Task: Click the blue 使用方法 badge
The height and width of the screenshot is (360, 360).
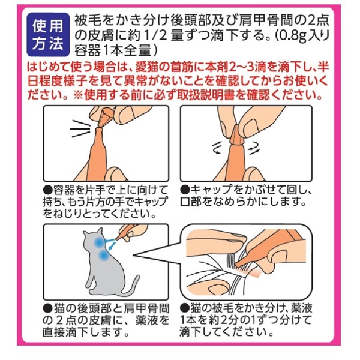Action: [48, 34]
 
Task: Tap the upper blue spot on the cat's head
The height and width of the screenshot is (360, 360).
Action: [98, 242]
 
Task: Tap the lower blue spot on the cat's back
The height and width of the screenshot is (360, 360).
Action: [103, 256]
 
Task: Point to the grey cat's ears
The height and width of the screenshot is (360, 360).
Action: [92, 232]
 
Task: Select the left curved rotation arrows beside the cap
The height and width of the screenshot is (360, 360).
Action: [217, 148]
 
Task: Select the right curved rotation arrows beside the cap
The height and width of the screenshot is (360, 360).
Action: [254, 149]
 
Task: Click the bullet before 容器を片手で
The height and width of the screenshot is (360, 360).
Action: [48, 190]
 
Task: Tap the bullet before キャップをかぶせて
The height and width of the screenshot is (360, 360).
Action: [185, 190]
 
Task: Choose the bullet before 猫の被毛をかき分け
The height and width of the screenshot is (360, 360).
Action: [185, 307]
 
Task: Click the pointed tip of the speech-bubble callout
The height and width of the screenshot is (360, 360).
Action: [134, 255]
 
